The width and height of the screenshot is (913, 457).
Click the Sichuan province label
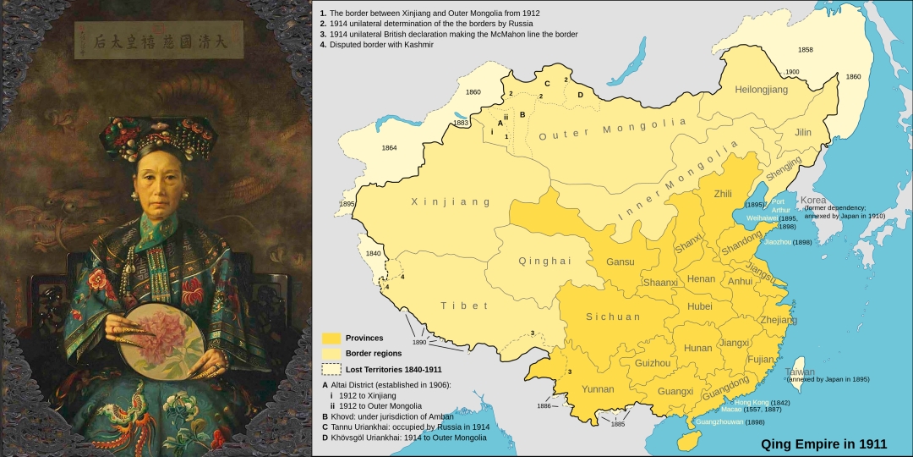613,317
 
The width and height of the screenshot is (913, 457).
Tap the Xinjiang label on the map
439,202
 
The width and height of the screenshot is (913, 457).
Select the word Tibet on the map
458,305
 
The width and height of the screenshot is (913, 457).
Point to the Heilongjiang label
761,89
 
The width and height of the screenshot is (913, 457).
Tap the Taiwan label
801,372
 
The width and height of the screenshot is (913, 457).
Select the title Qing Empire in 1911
824,443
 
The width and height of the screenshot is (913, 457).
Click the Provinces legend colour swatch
331,338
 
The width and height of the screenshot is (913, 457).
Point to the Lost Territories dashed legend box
331,369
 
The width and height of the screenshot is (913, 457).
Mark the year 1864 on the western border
389,148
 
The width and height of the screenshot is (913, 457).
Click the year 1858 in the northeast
806,50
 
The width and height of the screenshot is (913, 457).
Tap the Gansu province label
621,262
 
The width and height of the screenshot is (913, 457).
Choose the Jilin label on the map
802,133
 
